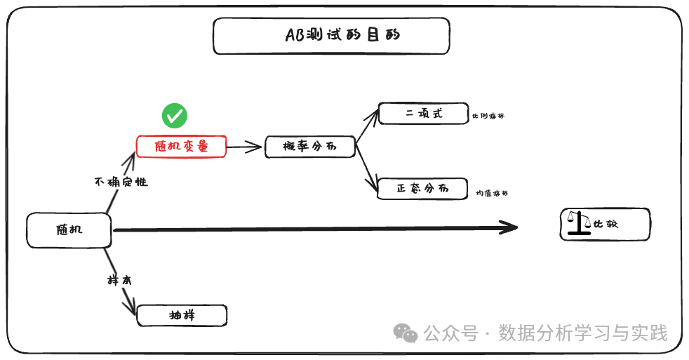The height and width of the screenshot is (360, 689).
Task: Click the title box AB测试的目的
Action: click(330, 36)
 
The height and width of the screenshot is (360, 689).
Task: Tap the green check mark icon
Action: click(175, 115)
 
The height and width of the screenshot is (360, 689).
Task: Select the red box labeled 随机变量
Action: click(182, 146)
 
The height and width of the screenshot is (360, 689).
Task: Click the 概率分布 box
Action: click(309, 146)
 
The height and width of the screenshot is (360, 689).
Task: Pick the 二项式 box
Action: click(423, 113)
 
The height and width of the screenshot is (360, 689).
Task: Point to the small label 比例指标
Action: click(488, 116)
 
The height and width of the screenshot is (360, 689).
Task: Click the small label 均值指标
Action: click(492, 193)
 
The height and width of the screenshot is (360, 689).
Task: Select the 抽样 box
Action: click(182, 315)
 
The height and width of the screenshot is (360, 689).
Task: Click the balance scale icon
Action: click(580, 223)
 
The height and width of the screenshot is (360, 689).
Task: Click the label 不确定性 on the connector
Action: click(121, 182)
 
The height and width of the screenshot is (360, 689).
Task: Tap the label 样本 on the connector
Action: click(119, 280)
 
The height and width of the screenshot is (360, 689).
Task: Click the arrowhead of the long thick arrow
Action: click(509, 227)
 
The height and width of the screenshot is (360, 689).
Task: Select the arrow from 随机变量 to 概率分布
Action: click(245, 147)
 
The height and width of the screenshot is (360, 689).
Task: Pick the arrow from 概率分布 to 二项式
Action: click(366, 126)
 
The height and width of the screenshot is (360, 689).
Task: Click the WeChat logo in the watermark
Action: click(406, 333)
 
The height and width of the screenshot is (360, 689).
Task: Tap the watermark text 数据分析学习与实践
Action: click(583, 333)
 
